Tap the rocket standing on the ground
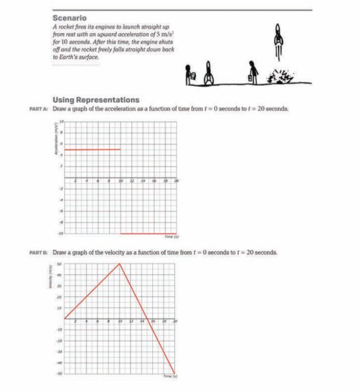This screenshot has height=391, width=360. pyautogui.click(x=208, y=75)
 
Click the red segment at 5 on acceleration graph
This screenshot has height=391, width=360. pyautogui.click(x=92, y=150)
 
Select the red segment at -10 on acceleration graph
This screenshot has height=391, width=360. pyautogui.click(x=148, y=234)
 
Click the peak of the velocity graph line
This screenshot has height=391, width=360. pyautogui.click(x=120, y=264)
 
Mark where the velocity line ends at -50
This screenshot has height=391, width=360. pyautogui.click(x=175, y=373)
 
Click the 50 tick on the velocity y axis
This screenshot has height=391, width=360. pyautogui.click(x=59, y=264)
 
